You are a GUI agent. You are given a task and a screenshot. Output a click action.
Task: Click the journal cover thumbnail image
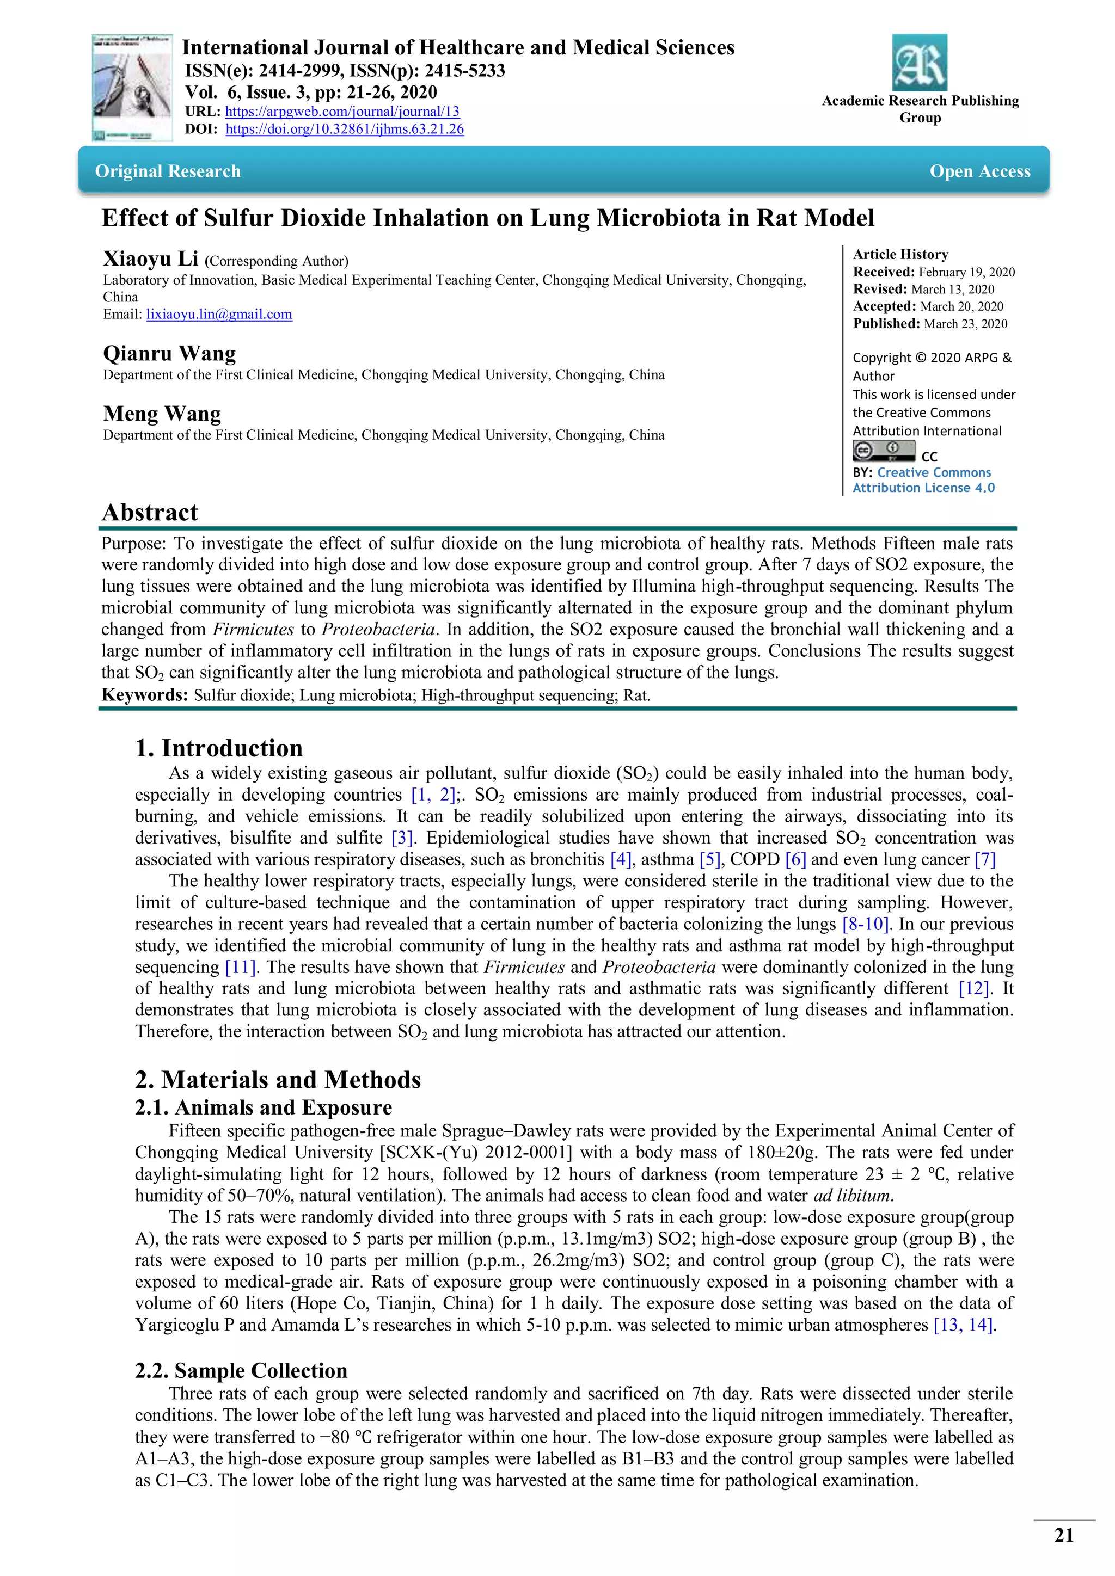(x=131, y=88)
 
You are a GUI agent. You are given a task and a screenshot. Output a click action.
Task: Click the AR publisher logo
(x=920, y=63)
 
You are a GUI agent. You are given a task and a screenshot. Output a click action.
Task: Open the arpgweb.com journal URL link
(x=342, y=111)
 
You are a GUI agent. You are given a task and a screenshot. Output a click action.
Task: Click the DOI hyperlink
(x=345, y=129)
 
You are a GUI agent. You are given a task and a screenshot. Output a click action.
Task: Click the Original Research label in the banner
(x=168, y=171)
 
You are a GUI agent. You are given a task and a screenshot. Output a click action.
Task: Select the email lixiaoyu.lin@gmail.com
(x=219, y=315)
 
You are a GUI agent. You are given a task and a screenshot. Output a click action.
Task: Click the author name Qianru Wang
(x=169, y=354)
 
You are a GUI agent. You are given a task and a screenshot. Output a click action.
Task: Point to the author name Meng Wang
(x=162, y=414)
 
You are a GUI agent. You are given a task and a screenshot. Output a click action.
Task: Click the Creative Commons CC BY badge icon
(x=884, y=451)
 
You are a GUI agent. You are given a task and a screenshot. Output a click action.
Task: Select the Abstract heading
(x=150, y=512)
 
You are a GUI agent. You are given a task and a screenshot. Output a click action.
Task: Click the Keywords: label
(x=144, y=694)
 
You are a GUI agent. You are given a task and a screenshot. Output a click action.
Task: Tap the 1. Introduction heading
(x=218, y=748)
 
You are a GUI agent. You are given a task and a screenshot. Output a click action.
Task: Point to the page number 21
(x=1063, y=1536)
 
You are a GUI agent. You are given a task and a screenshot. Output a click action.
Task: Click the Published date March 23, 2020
(x=965, y=324)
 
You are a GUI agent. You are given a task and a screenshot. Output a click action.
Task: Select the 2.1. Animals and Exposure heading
(x=263, y=1107)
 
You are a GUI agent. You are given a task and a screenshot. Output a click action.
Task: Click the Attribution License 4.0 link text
(x=923, y=488)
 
